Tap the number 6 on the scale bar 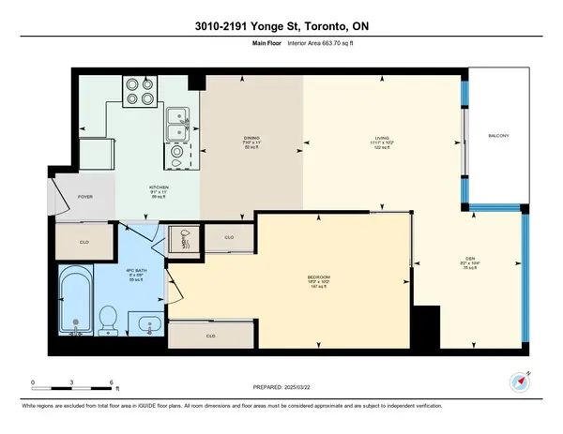pos(112,383)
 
